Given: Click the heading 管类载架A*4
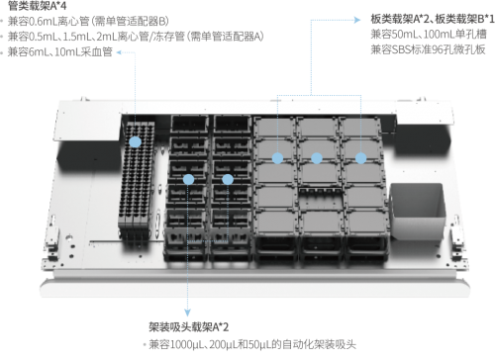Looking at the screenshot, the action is click(35, 5).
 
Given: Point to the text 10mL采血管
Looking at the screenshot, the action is click(82, 50).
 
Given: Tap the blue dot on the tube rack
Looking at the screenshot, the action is click(133, 142).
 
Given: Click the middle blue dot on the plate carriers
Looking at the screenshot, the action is click(317, 157).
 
